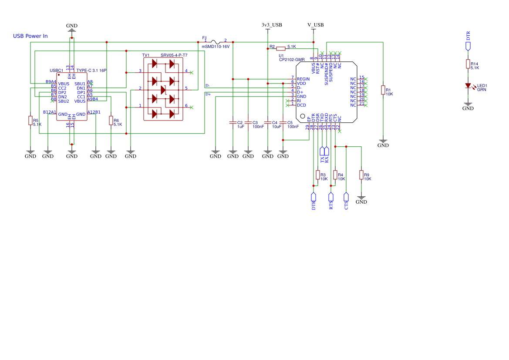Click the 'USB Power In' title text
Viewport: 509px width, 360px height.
30,36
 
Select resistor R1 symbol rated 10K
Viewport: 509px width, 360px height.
383,90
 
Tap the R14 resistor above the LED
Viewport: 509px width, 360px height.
468,64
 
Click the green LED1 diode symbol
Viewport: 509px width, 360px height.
468,86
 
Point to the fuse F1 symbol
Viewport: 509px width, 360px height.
216,42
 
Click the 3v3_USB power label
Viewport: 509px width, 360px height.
272,25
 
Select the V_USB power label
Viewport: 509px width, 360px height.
315,25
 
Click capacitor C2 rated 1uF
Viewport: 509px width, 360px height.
233,123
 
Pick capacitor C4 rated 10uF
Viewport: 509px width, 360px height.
268,123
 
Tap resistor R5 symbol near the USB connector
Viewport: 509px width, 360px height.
30,121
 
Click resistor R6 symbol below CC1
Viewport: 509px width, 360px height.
111,121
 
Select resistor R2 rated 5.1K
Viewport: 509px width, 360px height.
281,48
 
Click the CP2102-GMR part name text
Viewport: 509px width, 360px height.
292,60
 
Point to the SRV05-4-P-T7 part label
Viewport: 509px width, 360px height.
174,55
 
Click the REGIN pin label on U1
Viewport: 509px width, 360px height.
303,79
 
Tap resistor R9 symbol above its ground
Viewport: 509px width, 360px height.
361,175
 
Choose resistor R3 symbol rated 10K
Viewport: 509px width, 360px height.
317,175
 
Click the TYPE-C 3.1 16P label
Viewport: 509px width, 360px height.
91,70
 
